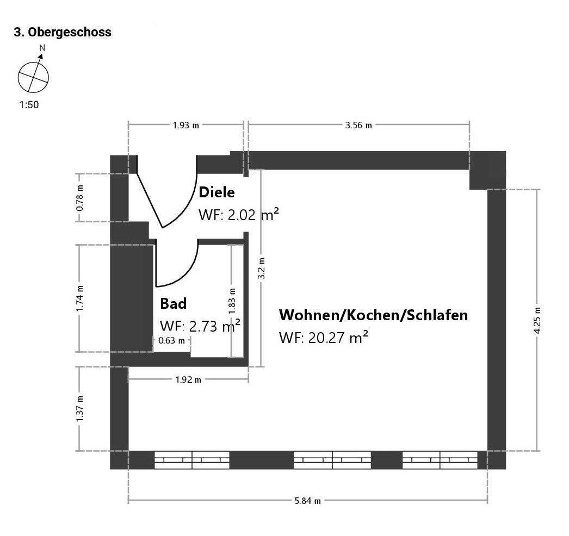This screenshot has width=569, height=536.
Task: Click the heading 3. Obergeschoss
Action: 62,32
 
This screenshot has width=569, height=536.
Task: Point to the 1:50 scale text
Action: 29,105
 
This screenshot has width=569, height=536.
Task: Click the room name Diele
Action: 217,192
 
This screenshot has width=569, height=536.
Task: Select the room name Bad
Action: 173,303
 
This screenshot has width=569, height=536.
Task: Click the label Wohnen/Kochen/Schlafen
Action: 373,315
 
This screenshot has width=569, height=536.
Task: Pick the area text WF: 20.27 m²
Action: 323,337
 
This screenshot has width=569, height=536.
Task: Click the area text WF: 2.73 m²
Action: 200,326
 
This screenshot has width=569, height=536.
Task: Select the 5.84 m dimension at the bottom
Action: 307,501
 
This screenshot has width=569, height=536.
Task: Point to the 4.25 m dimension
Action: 537,320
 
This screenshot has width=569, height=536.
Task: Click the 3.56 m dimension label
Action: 358,125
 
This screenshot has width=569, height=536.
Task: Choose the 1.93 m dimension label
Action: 186,125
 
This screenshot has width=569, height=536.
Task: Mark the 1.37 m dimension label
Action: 80,409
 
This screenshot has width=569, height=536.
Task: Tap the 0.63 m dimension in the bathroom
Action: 171,341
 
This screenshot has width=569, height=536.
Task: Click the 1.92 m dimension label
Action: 188,379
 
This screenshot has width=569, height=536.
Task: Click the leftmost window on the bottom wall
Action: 192,460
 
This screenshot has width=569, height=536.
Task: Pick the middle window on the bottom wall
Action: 332,460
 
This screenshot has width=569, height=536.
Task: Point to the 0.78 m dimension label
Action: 80,198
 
